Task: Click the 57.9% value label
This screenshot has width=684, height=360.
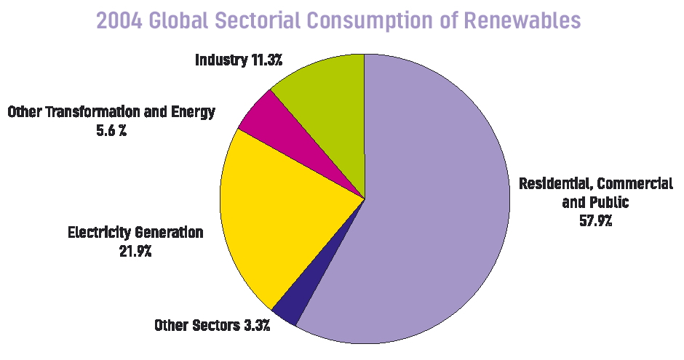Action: pyautogui.click(x=595, y=220)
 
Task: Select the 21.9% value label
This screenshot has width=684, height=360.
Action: pyautogui.click(x=135, y=252)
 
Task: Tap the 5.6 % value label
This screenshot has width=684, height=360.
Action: pyautogui.click(x=111, y=131)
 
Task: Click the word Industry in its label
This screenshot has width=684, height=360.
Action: pyautogui.click(x=221, y=60)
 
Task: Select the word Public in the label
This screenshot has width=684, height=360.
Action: pyautogui.click(x=608, y=201)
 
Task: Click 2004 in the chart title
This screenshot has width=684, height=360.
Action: pyautogui.click(x=120, y=20)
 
